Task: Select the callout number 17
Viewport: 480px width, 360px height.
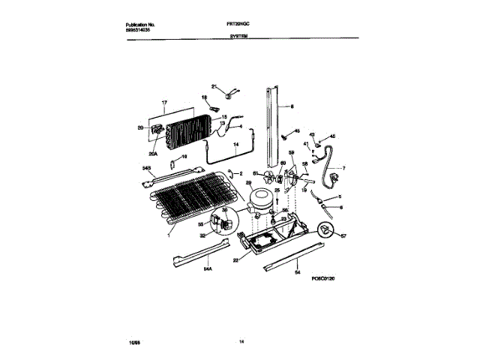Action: coord(163,102)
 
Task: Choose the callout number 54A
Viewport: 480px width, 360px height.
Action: coord(207,266)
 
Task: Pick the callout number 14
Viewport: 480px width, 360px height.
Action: coord(236,142)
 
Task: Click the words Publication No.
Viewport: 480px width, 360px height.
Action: coord(141,25)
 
